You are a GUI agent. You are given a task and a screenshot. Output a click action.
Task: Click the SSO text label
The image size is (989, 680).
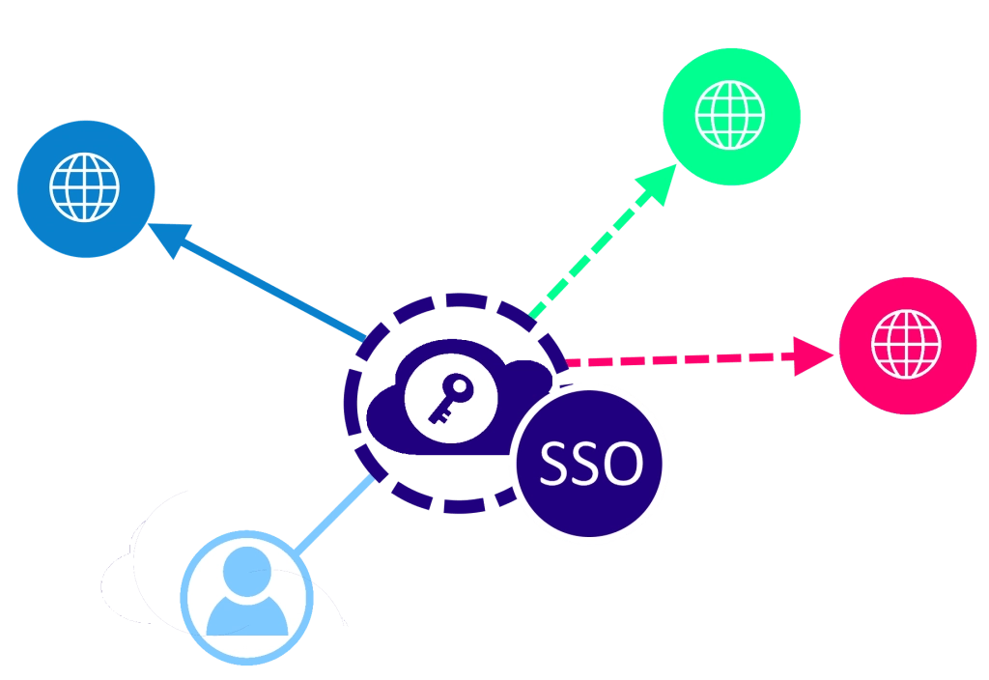point(591,465)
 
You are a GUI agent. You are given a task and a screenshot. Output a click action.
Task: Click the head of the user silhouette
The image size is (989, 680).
point(246,570)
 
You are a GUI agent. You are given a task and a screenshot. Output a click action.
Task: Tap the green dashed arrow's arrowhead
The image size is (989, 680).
point(665,183)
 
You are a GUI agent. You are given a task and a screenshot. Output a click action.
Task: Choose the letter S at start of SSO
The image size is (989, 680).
point(554,465)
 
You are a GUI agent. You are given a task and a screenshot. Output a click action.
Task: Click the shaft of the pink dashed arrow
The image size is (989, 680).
point(676,360)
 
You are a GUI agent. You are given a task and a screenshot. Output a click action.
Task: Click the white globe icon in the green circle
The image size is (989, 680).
point(730,114)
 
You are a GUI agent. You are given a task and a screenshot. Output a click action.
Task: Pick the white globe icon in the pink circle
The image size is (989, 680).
point(906,344)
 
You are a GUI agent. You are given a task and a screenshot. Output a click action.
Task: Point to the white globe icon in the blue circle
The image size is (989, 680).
point(85,187)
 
